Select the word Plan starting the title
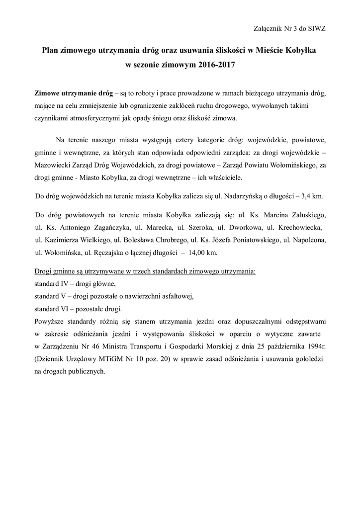(51, 51)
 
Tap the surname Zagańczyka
(105, 228)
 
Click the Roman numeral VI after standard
(66, 309)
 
